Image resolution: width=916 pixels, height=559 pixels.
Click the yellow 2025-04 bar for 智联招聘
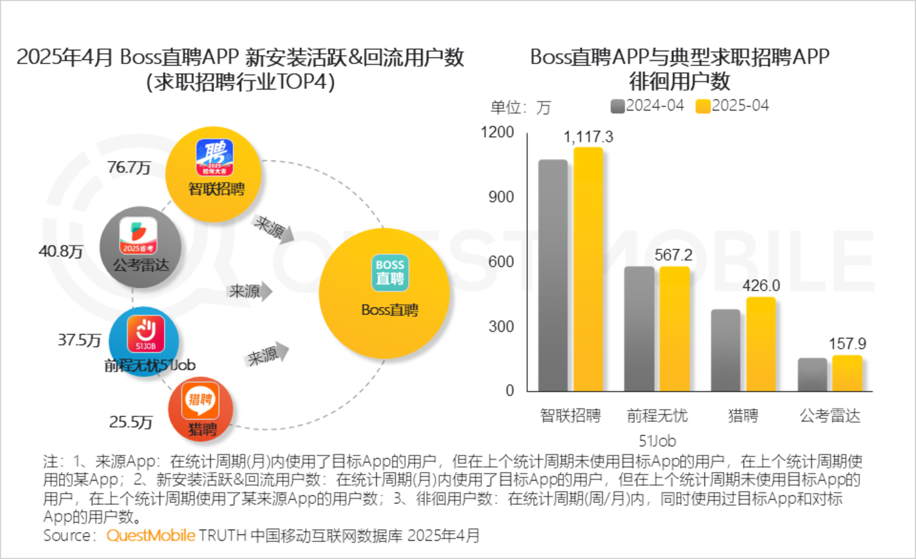588,269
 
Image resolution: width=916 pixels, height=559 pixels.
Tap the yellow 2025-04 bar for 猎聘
761,344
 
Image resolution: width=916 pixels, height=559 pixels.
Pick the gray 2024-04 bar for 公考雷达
813,374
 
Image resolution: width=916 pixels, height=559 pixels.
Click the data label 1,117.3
588,137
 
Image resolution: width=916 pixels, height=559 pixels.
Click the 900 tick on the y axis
502,197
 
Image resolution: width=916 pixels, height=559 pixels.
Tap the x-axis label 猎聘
743,415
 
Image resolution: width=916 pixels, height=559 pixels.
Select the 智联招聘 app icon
214,159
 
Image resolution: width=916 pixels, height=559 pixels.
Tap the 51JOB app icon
145,333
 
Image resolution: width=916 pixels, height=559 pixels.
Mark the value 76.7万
129,168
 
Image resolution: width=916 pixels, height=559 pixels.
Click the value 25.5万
131,422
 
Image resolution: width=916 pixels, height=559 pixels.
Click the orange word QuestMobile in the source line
151,535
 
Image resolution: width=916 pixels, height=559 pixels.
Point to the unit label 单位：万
521,107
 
